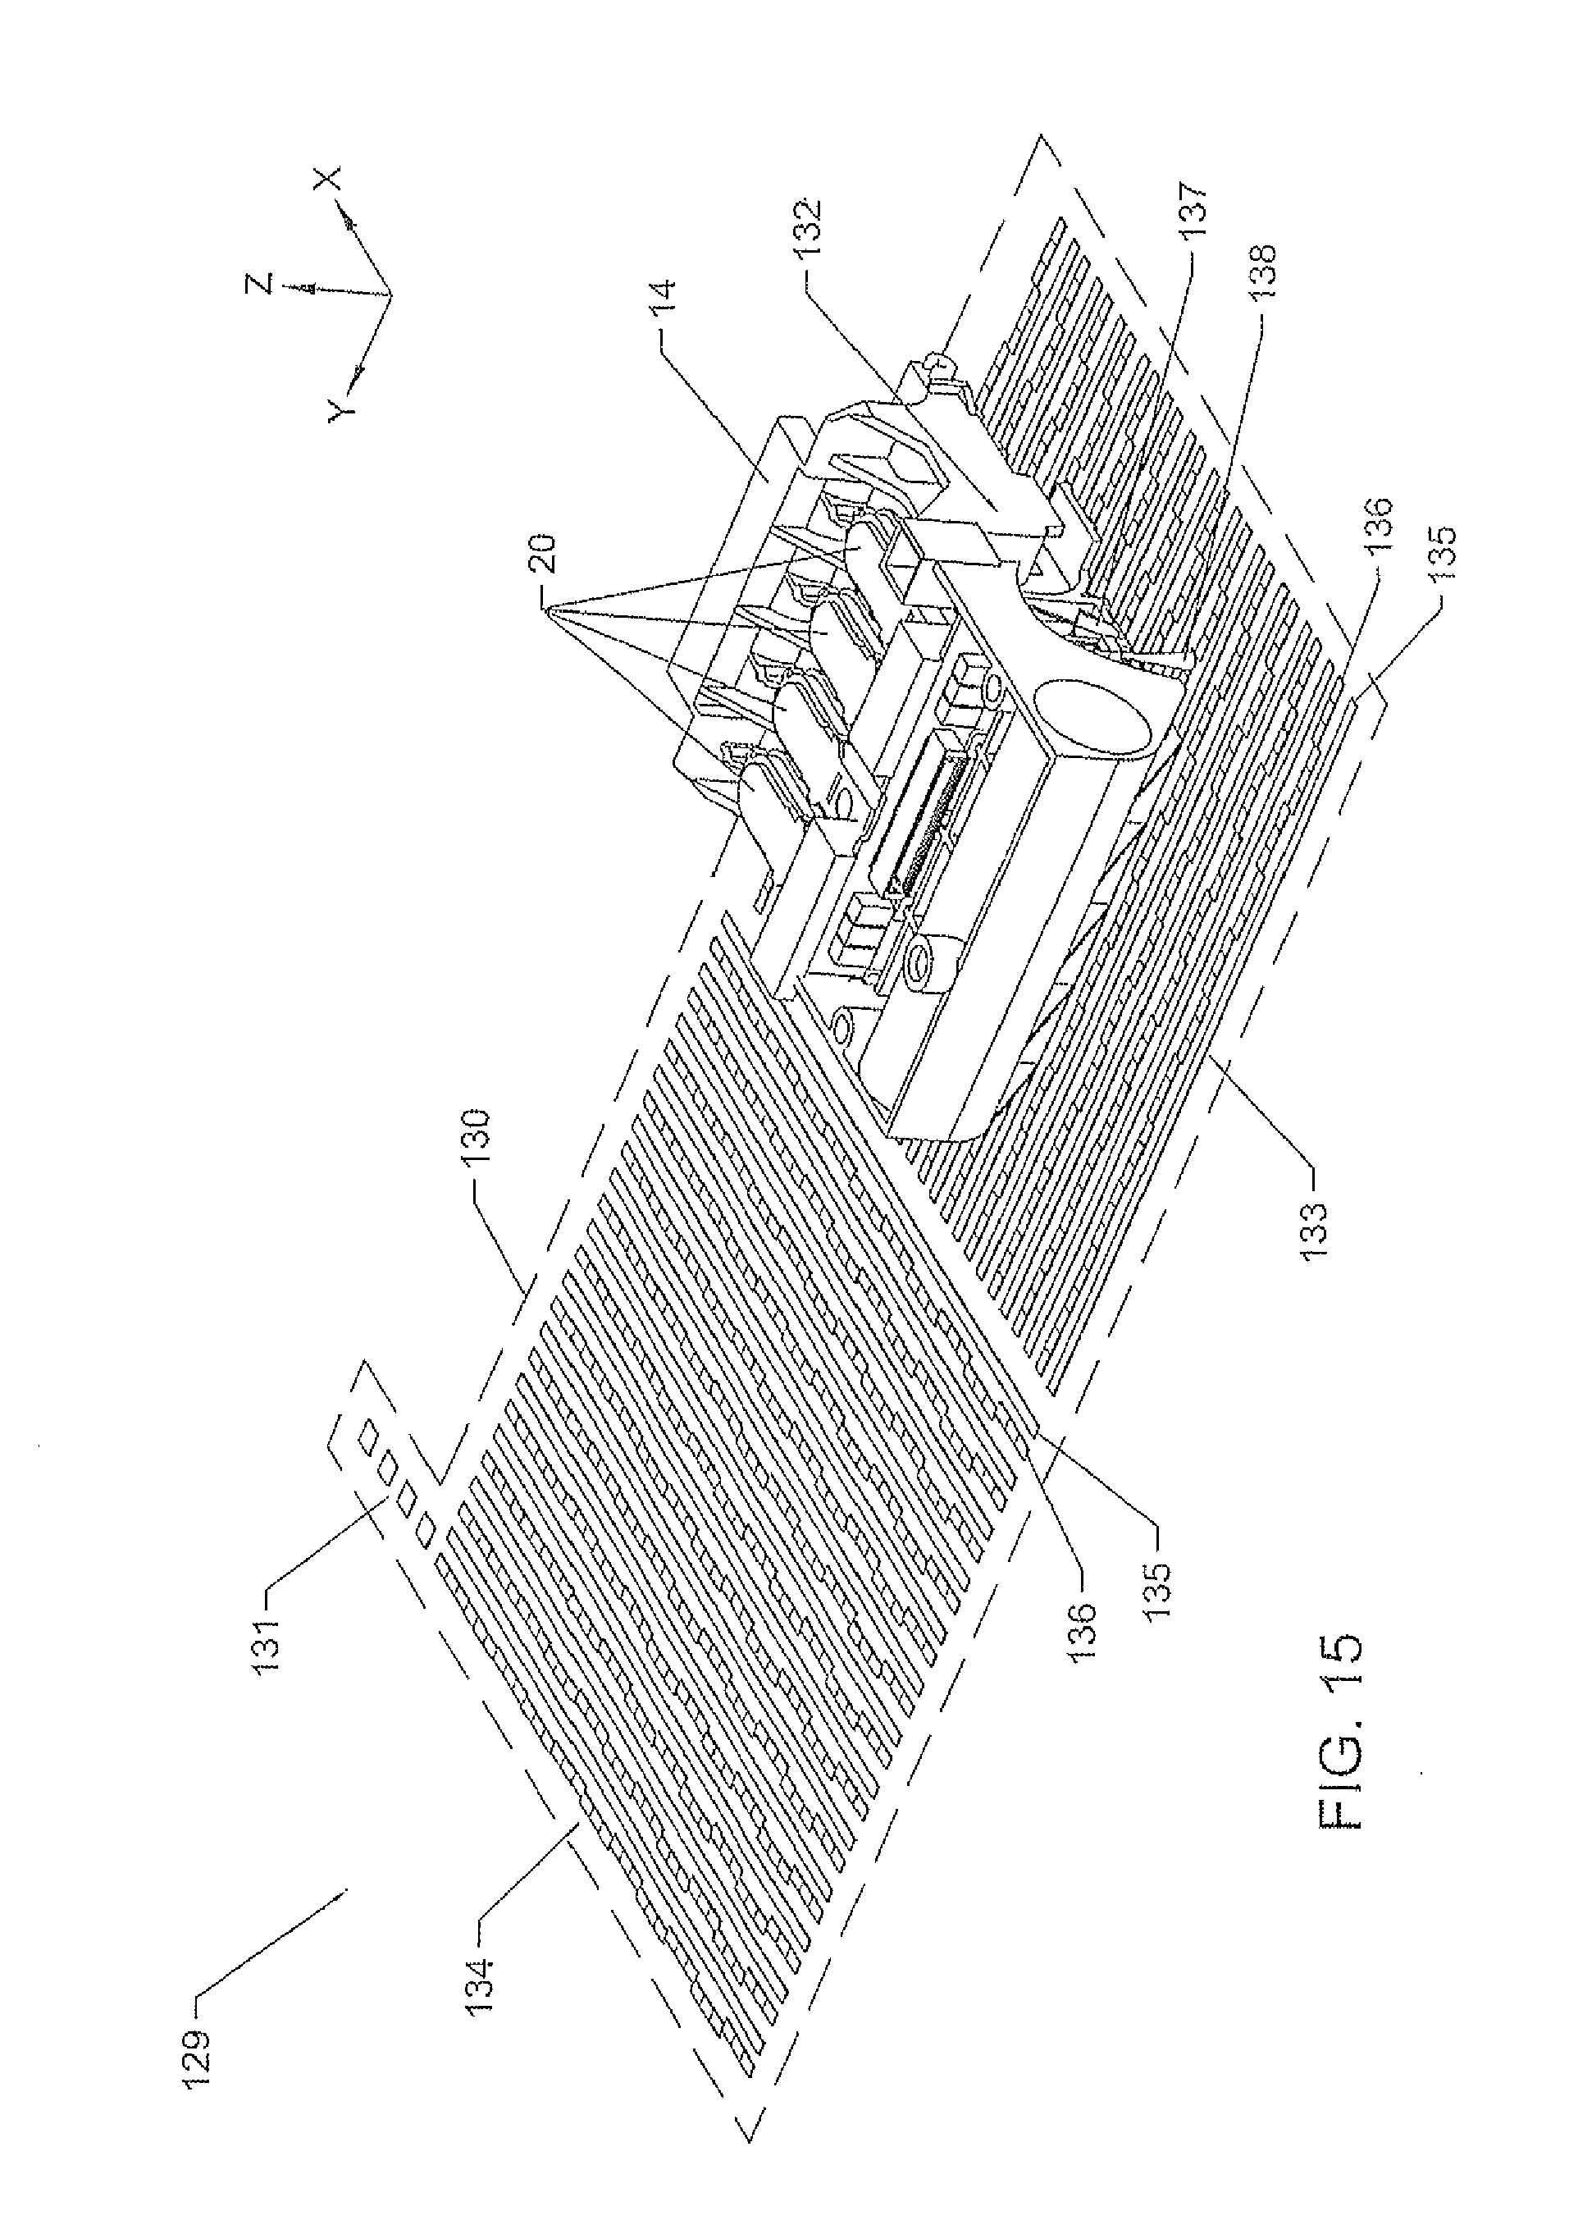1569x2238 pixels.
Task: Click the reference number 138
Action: coord(1267,278)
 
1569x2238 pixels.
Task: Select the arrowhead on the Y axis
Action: coord(358,372)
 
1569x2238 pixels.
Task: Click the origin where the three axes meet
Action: coord(389,294)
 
